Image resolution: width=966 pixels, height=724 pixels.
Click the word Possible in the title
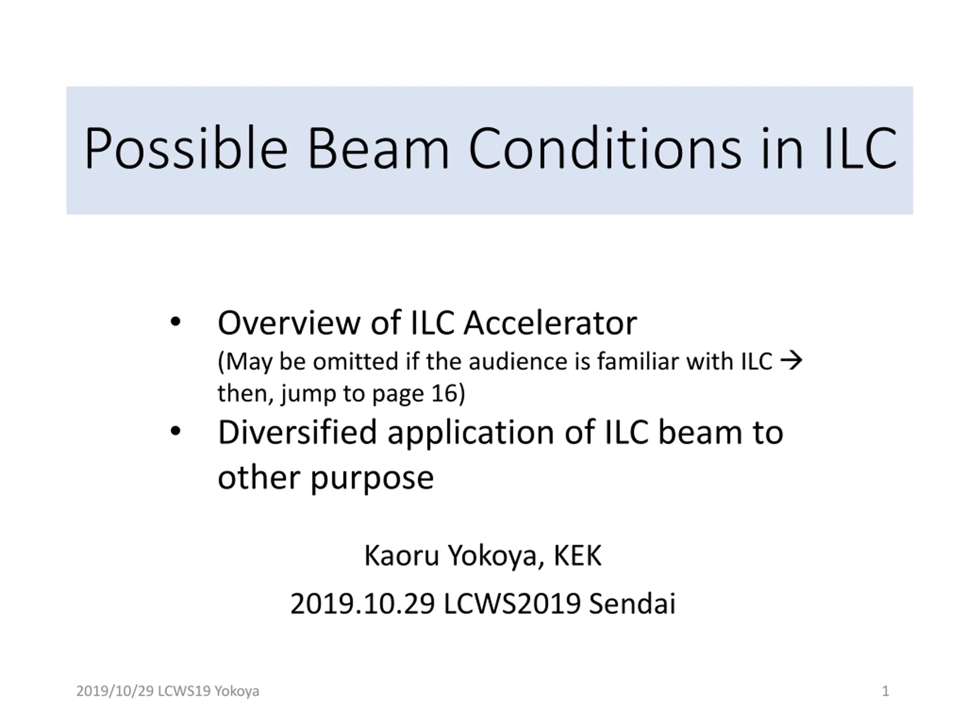tap(186, 148)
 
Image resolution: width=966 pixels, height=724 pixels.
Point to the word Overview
tap(289, 323)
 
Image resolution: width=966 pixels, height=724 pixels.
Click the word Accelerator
tap(550, 323)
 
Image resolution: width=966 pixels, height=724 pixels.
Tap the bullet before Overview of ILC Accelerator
tap(175, 322)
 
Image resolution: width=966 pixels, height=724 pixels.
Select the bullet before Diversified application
tap(175, 431)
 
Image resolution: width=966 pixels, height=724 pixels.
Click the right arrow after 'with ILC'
tap(791, 361)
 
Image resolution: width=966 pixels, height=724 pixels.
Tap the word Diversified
tap(297, 432)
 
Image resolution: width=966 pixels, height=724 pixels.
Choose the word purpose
tap(372, 478)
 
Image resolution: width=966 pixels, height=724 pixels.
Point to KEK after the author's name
tap(578, 555)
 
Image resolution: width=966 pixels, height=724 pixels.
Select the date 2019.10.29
tap(363, 604)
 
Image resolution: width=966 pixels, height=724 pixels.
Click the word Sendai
tap(632, 604)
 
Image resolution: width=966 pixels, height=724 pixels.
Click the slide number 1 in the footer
tap(886, 691)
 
